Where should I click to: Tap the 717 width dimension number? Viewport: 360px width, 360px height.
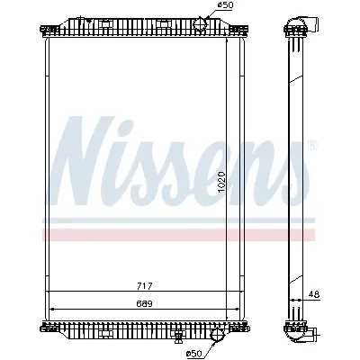click(144, 286)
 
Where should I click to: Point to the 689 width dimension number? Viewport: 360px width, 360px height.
click(144, 303)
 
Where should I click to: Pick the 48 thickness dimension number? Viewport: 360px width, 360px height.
click(314, 293)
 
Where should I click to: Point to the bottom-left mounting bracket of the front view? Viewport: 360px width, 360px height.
click(47, 327)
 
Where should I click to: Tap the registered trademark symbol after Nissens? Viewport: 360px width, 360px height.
click(311, 144)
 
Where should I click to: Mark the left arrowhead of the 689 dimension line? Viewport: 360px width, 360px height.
click(52, 309)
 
